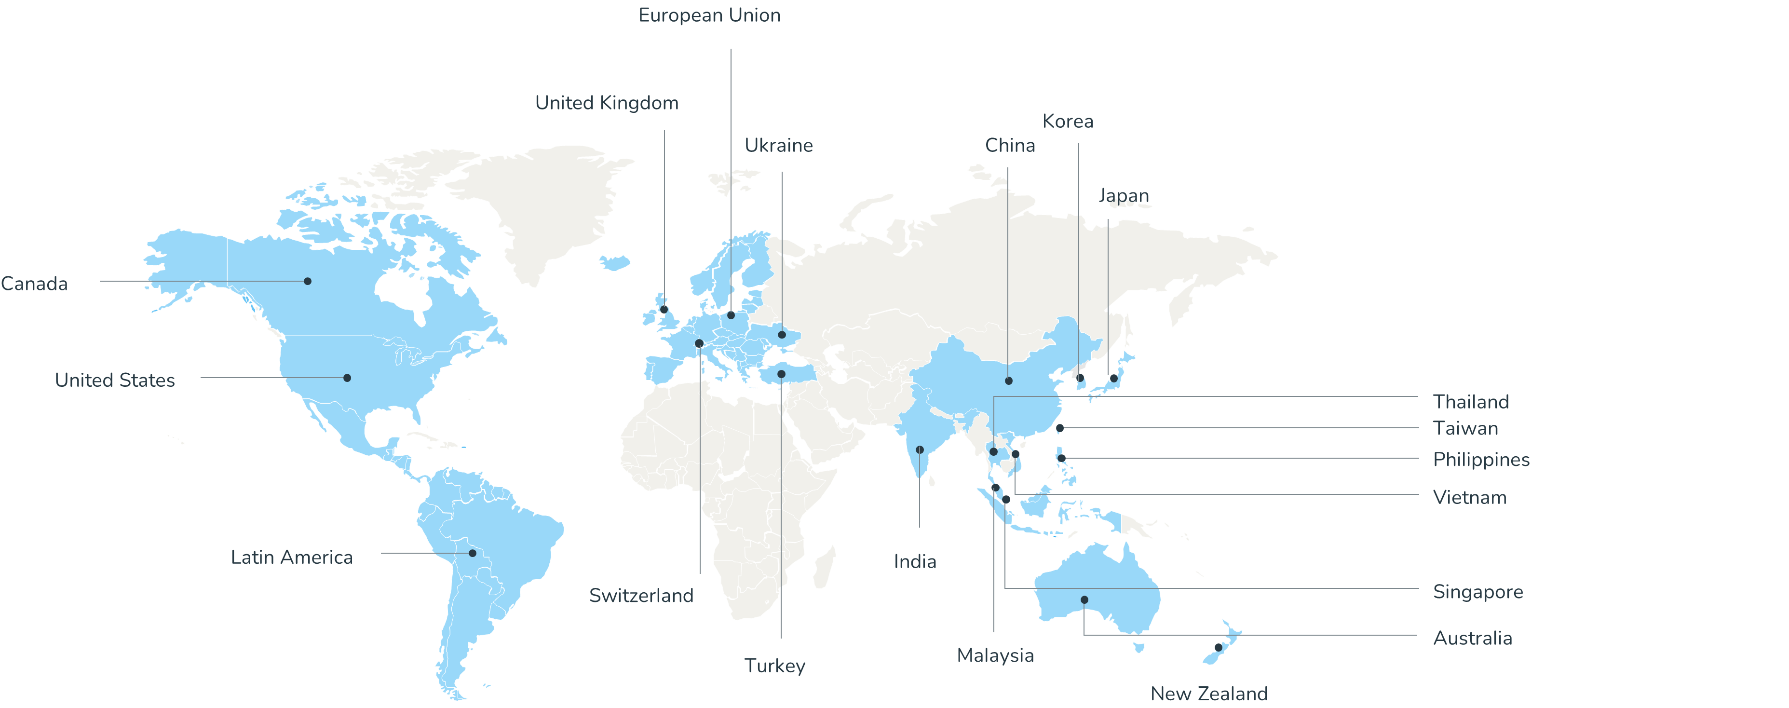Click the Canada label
pyautogui.click(x=34, y=284)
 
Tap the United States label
pyautogui.click(x=115, y=380)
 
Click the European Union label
pyautogui.click(x=709, y=15)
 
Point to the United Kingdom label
pyautogui.click(x=606, y=103)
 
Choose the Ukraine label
pyautogui.click(x=778, y=145)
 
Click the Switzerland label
pyautogui.click(x=641, y=596)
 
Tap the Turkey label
pyautogui.click(x=774, y=666)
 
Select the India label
pyautogui.click(x=915, y=561)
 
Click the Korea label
pyautogui.click(x=1068, y=122)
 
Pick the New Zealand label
pyautogui.click(x=1208, y=694)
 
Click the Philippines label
pyautogui.click(x=1481, y=459)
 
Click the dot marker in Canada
pyautogui.click(x=308, y=281)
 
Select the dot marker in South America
pyautogui.click(x=472, y=554)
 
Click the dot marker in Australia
pyautogui.click(x=1084, y=599)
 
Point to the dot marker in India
pyautogui.click(x=920, y=449)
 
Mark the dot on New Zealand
pyautogui.click(x=1218, y=647)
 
